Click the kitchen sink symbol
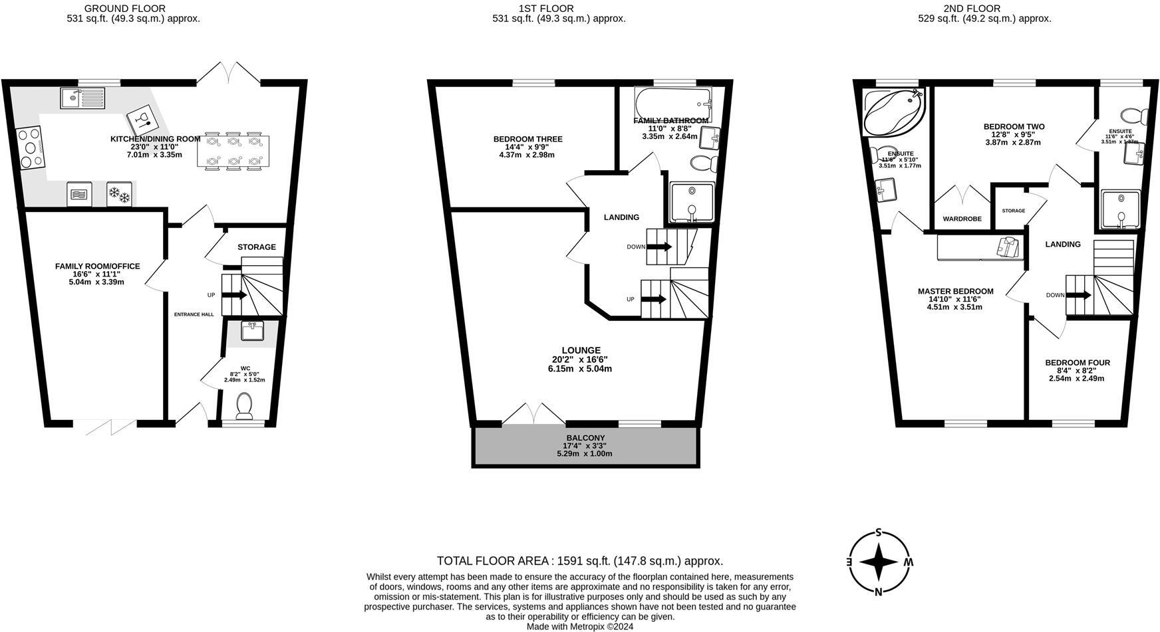click(82, 98)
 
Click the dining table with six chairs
click(233, 151)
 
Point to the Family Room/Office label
click(97, 266)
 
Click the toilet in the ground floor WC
click(245, 406)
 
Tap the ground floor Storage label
click(257, 247)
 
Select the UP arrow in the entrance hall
click(233, 295)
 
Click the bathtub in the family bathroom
click(672, 103)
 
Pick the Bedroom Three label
click(527, 139)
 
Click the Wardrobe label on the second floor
click(962, 219)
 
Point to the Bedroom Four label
click(1077, 363)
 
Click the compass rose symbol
click(879, 562)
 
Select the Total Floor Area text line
click(579, 561)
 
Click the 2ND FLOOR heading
click(980, 9)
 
